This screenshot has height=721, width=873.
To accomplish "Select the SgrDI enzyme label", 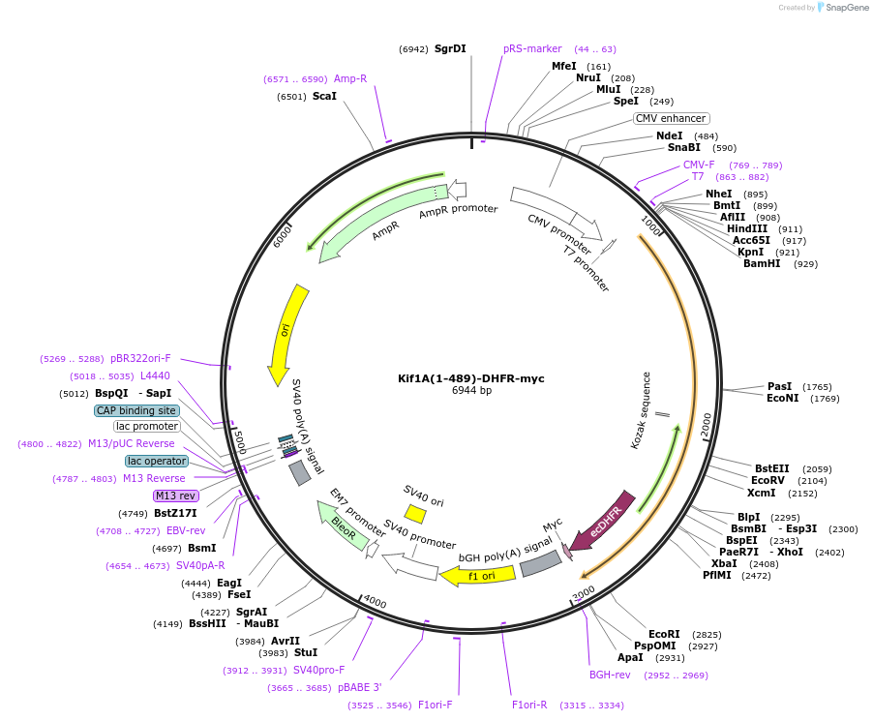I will [x=450, y=48].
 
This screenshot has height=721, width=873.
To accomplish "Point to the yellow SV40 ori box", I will [x=415, y=514].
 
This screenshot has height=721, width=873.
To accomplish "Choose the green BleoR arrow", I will [x=343, y=526].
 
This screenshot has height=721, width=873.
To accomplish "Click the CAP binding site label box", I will [x=136, y=410].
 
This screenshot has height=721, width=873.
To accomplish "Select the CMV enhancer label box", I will [x=671, y=118].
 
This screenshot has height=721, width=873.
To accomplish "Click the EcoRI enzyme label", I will [x=664, y=634].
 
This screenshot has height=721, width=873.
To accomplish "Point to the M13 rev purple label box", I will [x=175, y=496].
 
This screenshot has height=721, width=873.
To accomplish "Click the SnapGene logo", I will [x=841, y=8].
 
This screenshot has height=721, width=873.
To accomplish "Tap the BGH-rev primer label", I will [x=610, y=675].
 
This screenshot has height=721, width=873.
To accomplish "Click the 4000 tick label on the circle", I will [x=375, y=603].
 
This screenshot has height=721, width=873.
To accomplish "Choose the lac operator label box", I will [x=155, y=461].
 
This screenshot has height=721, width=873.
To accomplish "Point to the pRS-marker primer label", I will [x=532, y=48].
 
